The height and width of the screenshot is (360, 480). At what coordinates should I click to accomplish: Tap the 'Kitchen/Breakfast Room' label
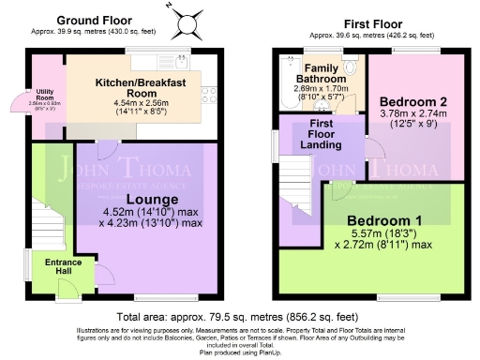(138, 87)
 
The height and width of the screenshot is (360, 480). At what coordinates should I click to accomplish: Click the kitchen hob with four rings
(208, 94)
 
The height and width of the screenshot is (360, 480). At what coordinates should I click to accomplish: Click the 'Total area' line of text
(239, 317)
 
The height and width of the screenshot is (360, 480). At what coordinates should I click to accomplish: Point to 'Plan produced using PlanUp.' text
(239, 352)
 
